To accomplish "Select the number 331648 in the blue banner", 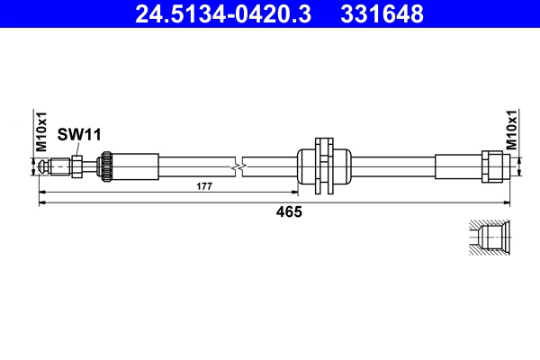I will click(x=381, y=13).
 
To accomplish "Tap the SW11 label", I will click(x=78, y=134).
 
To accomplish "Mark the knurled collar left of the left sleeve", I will click(x=105, y=166).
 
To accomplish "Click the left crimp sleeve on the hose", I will click(x=134, y=166).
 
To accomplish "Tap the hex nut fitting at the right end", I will click(x=493, y=166).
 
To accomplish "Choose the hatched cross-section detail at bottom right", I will click(x=490, y=238).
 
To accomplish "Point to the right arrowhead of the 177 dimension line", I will click(x=294, y=193).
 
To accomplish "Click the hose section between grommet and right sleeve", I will click(x=391, y=166).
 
